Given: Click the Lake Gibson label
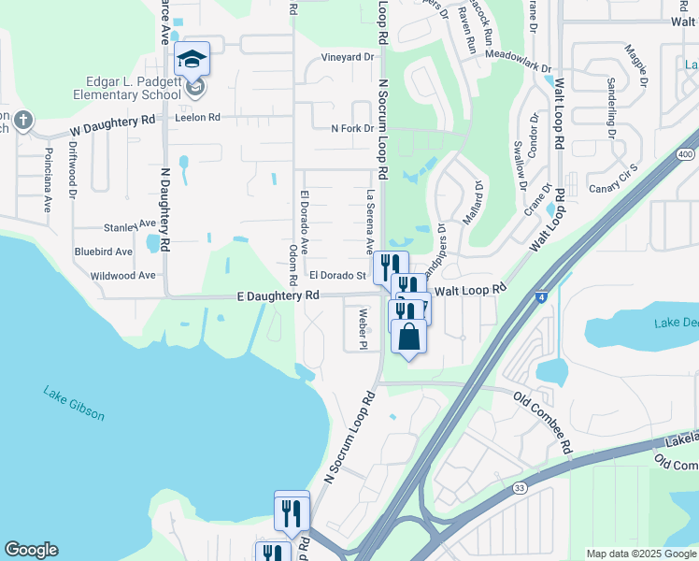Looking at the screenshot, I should pos(74,402).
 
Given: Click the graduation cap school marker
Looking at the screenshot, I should pos(192,60).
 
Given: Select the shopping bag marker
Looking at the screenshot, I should pos(408,336).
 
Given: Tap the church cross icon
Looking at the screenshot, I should pos(23,121).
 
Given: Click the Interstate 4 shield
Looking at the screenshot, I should pos(542,296).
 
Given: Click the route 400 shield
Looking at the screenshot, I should pos(686,154).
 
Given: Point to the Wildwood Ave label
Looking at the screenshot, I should pos(122,276).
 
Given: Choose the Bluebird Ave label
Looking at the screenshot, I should pos(104,252).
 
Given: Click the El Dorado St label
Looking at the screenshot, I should pos(336,276).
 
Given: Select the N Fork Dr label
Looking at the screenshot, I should pos(351,128).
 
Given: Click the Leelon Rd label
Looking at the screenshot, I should pos(200,118).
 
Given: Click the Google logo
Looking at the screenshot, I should pos(31,550).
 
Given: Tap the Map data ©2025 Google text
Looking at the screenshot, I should pos(640,554).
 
